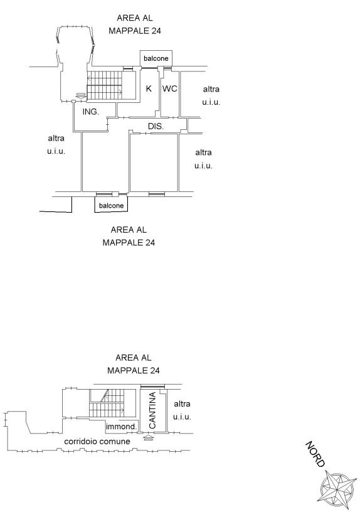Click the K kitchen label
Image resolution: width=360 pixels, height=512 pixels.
click(149, 88)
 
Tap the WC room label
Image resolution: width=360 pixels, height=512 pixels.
click(170, 88)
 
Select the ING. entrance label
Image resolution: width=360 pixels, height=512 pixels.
click(91, 112)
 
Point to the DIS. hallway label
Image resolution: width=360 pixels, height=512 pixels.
click(156, 126)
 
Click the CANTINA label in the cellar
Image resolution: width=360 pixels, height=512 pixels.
click(152, 410)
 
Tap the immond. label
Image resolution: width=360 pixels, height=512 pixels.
click(122, 427)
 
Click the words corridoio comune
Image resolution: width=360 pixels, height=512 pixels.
click(97, 442)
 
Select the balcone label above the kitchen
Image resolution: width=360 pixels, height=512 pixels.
click(156, 58)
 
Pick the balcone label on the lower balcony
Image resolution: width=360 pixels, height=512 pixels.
click(111, 206)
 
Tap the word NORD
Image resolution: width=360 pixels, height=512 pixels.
click(315, 454)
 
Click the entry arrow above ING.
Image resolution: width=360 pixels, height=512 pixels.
click(81, 95)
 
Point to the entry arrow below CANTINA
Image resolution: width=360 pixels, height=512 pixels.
click(148, 437)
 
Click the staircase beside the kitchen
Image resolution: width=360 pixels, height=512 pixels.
click(105, 85)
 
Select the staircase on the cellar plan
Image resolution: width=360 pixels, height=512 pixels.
click(107, 403)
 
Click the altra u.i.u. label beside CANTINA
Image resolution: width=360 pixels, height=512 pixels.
click(182, 410)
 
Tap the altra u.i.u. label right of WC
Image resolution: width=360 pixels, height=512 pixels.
click(211, 95)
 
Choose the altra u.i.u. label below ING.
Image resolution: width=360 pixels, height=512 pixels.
click(56, 145)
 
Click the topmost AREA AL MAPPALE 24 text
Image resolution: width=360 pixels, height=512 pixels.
click(135, 24)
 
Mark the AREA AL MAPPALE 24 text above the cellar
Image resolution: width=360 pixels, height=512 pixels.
click(134, 364)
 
